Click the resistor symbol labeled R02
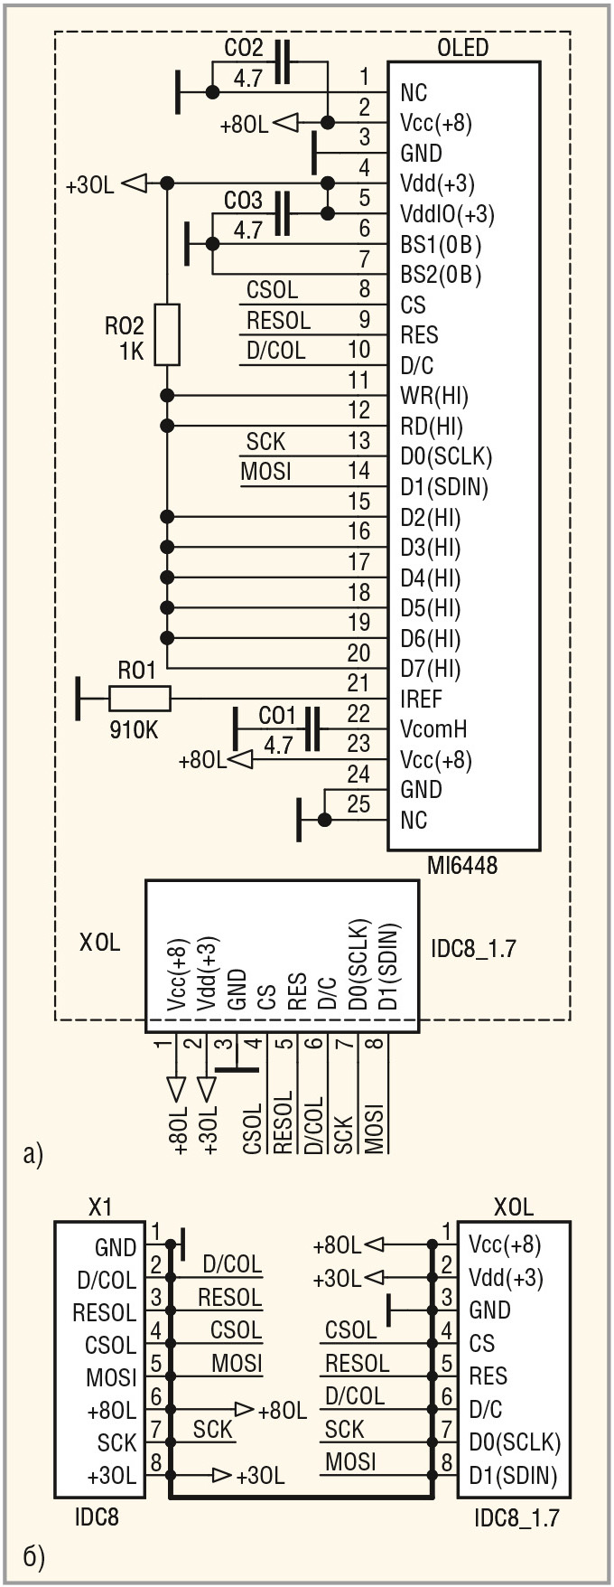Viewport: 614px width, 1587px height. (167, 333)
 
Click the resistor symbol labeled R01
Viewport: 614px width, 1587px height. (140, 698)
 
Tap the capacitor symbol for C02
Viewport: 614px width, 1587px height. (282, 61)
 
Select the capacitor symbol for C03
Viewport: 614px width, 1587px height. (282, 214)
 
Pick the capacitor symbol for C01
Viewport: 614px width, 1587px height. (312, 728)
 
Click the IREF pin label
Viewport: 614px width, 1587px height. (421, 699)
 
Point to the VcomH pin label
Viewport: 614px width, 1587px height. (433, 729)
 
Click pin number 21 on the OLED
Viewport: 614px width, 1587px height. (358, 683)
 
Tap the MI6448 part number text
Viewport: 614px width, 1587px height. (463, 866)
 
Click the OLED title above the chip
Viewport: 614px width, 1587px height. (462, 47)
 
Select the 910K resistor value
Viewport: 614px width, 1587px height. (134, 728)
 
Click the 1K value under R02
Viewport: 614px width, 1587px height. (132, 352)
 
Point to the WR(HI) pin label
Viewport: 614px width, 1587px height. (434, 396)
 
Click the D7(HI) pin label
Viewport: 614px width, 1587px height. (431, 669)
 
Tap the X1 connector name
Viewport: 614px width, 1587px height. (100, 1207)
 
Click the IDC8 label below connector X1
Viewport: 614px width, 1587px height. (97, 1516)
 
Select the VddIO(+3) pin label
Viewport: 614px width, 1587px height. (447, 214)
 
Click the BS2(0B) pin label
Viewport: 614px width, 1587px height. (441, 275)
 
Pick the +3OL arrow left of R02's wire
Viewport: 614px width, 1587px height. (134, 183)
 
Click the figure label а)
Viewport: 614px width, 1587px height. (33, 1153)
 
